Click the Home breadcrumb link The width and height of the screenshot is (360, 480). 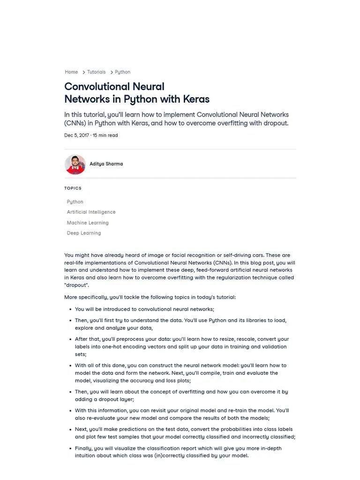(x=71, y=72)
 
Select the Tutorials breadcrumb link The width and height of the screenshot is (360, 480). (x=96, y=72)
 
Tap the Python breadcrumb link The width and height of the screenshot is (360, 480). (x=122, y=72)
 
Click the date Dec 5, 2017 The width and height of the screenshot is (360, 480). (x=76, y=135)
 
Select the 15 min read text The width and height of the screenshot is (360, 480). (x=105, y=135)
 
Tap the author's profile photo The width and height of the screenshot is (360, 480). (x=75, y=165)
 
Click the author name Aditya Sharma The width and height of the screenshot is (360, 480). (x=106, y=164)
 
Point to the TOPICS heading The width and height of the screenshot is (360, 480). (x=73, y=188)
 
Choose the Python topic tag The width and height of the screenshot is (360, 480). (x=75, y=202)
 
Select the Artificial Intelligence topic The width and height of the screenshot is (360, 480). (x=91, y=212)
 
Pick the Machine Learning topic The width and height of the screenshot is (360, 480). (x=88, y=223)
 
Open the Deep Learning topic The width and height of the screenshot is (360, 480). (x=84, y=233)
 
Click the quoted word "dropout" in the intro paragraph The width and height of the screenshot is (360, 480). (x=76, y=285)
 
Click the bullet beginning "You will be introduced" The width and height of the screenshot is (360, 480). (x=144, y=309)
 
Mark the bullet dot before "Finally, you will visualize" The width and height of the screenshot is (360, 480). (x=70, y=449)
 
